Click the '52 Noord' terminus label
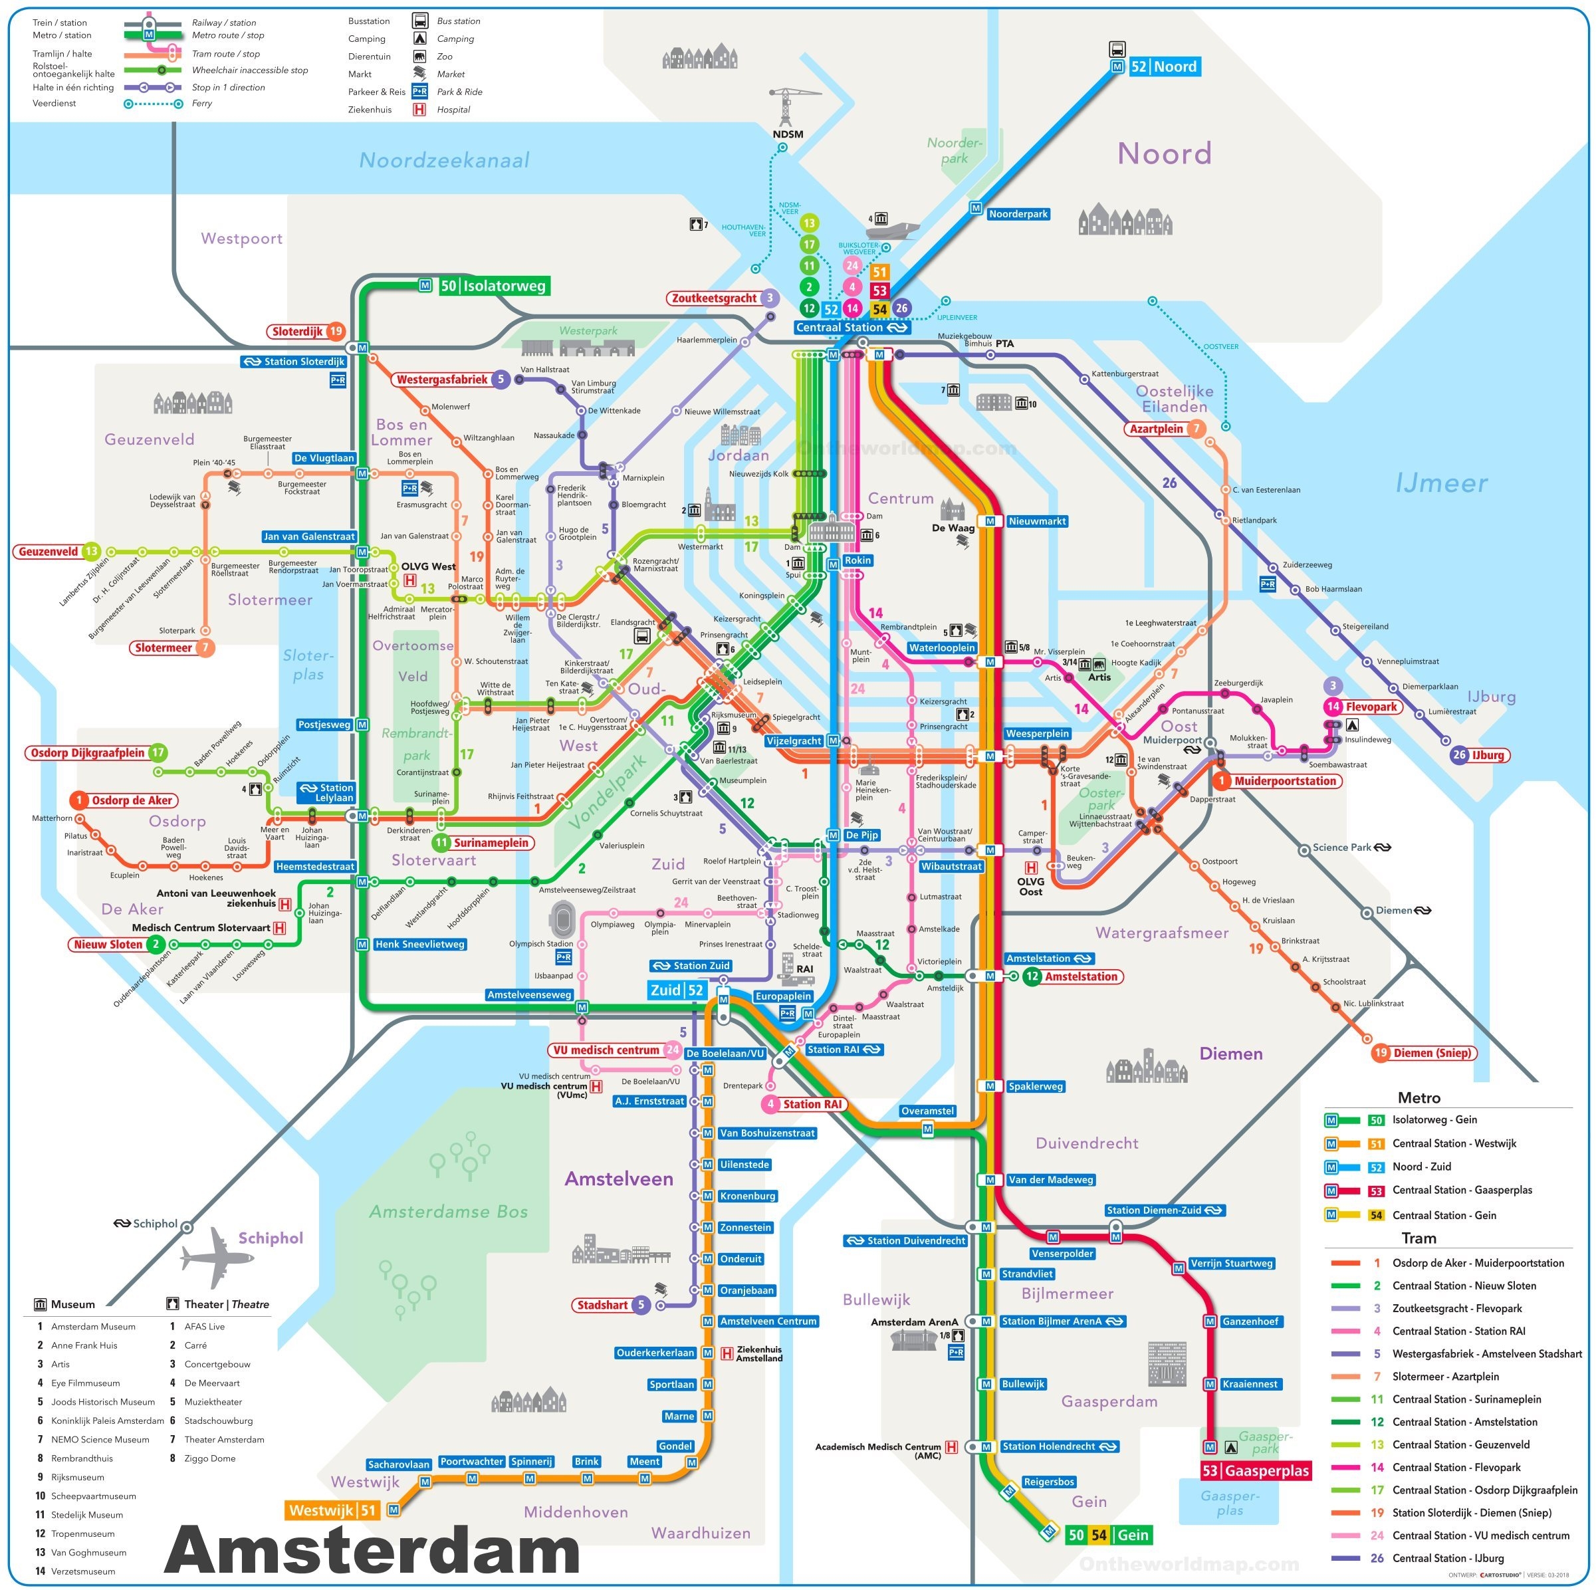point(1165,67)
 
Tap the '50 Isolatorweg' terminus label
point(493,286)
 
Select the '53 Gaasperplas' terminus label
point(1256,1470)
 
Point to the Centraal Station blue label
point(851,327)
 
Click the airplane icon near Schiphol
point(217,1256)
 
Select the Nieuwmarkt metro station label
point(1038,521)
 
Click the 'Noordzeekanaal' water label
point(443,160)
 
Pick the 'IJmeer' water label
point(1442,483)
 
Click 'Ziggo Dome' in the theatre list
point(210,1458)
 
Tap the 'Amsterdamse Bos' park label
point(448,1212)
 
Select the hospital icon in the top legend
point(419,109)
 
